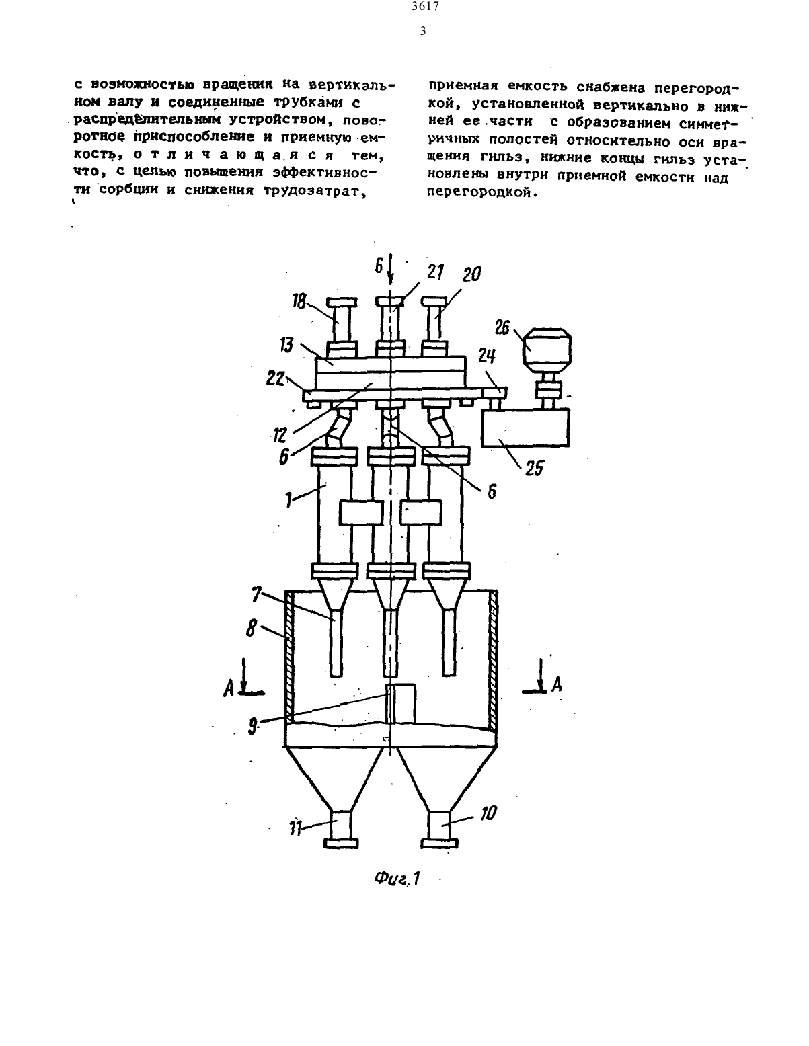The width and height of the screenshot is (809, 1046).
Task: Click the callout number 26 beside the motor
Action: (x=503, y=328)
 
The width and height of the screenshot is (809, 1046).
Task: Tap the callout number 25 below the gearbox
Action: (x=535, y=468)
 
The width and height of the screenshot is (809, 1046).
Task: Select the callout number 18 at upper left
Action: (x=299, y=301)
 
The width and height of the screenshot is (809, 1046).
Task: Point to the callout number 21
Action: (x=435, y=272)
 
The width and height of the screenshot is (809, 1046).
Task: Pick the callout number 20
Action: (x=471, y=274)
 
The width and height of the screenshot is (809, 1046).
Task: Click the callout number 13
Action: (x=286, y=345)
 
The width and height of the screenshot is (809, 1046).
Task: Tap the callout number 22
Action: (x=275, y=379)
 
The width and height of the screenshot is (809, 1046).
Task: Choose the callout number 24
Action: (x=487, y=356)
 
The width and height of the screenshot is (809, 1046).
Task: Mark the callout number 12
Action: (x=280, y=435)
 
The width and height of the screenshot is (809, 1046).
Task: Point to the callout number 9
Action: (x=253, y=727)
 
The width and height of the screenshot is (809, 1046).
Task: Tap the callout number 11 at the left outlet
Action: (x=295, y=829)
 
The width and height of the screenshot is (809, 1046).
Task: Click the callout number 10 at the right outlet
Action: (x=488, y=813)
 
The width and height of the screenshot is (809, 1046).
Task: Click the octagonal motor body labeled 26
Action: (x=548, y=348)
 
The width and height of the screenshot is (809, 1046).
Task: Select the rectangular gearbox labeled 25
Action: (x=526, y=428)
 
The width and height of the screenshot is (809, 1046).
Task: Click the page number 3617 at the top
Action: (x=426, y=7)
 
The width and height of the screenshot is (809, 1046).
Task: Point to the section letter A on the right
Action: (x=557, y=684)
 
